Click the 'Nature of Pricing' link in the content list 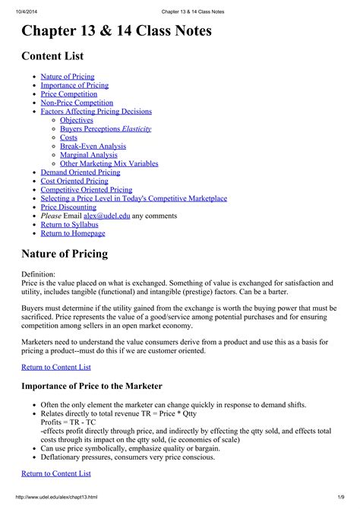pyautogui.click(x=68, y=77)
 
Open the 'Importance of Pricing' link pyautogui.click(x=74, y=86)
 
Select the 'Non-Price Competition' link pyautogui.click(x=77, y=103)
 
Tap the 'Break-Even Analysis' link pyautogui.click(x=93, y=146)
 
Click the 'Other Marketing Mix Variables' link pyautogui.click(x=109, y=163)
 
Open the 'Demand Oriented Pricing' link pyautogui.click(x=81, y=172)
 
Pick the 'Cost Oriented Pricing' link pyautogui.click(x=74, y=181)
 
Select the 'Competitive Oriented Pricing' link pyautogui.click(x=87, y=190)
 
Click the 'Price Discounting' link pyautogui.click(x=68, y=207)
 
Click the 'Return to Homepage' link pyautogui.click(x=73, y=233)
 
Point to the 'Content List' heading pyautogui.click(x=52, y=56)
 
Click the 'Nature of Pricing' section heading pyautogui.click(x=65, y=253)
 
